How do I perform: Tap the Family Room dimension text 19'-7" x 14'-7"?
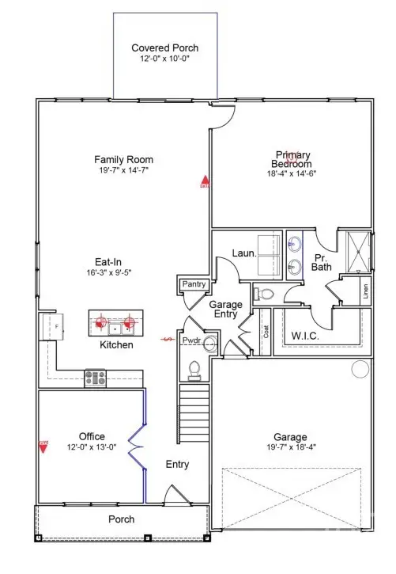click(123, 169)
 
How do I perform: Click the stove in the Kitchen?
click(96, 378)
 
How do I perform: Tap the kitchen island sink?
click(115, 324)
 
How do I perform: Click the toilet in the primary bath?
click(264, 294)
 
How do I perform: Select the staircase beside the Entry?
click(194, 405)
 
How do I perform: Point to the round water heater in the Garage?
click(360, 369)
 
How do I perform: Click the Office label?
click(92, 436)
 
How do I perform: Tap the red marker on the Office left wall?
click(44, 446)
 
